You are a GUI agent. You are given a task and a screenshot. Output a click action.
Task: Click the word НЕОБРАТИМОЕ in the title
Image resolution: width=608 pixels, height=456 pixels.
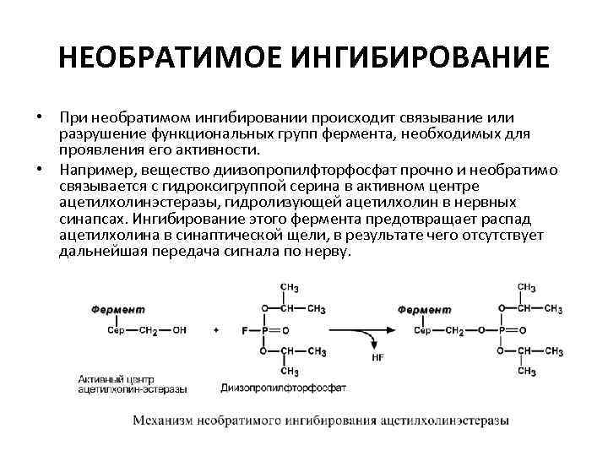click(170, 59)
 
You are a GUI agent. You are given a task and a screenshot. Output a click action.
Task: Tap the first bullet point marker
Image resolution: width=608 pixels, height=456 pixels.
click(39, 116)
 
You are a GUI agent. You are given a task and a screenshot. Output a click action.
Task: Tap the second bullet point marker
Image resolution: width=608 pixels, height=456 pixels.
click(39, 169)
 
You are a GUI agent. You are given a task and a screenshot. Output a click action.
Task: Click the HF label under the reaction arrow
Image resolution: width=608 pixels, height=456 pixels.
click(377, 357)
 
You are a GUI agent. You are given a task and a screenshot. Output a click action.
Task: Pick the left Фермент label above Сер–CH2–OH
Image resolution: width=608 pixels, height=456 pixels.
click(119, 310)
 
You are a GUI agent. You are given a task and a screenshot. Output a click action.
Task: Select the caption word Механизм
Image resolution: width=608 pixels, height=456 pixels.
click(165, 420)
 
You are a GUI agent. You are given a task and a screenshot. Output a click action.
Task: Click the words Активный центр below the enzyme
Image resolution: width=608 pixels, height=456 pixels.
click(115, 378)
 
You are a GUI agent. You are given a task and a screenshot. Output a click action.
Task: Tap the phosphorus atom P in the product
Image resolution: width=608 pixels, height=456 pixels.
click(502, 330)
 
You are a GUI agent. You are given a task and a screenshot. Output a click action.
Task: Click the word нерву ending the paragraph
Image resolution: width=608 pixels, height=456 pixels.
click(328, 252)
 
